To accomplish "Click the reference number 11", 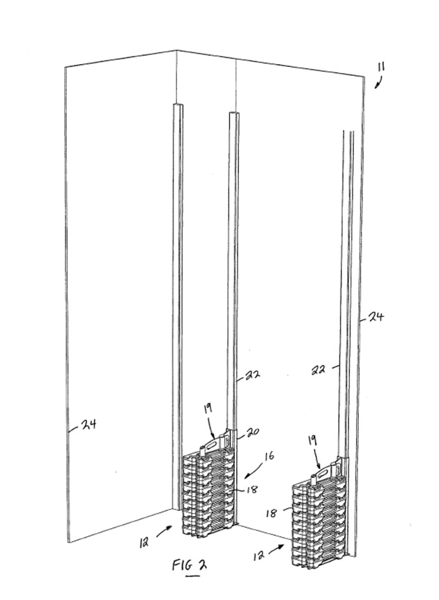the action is pyautogui.click(x=381, y=67).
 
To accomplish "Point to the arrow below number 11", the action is pyautogui.click(x=378, y=82).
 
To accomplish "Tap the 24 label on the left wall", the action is pyautogui.click(x=88, y=424).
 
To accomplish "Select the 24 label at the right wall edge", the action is pyautogui.click(x=376, y=317).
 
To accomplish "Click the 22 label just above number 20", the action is pyautogui.click(x=252, y=375).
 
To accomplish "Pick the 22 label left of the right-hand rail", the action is pyautogui.click(x=318, y=369).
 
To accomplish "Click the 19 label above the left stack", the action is pyautogui.click(x=207, y=408).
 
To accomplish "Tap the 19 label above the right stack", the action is pyautogui.click(x=312, y=440).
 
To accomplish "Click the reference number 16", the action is pyautogui.click(x=269, y=456).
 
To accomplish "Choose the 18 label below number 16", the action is pyautogui.click(x=252, y=489).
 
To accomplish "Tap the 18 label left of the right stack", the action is pyautogui.click(x=270, y=513).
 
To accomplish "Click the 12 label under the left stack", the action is pyautogui.click(x=144, y=542).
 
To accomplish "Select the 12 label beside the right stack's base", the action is pyautogui.click(x=259, y=555).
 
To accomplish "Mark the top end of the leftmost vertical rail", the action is pyautogui.click(x=178, y=104).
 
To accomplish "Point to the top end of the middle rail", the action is pyautogui.click(x=234, y=112).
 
